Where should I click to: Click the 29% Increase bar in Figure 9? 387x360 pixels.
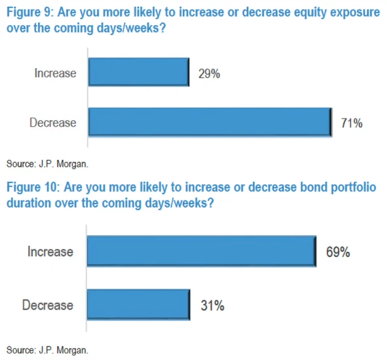(139, 73)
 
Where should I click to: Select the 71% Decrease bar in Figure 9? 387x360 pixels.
(210, 123)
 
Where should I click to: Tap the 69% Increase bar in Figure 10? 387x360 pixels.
(201, 252)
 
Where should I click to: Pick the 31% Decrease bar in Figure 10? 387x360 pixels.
(138, 304)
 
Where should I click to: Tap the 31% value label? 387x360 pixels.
(212, 305)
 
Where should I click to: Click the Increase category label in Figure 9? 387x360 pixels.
(55, 73)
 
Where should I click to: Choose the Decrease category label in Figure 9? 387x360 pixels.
(53, 123)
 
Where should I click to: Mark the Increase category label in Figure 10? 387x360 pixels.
(50, 252)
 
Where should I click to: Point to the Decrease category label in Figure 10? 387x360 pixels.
(48, 304)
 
